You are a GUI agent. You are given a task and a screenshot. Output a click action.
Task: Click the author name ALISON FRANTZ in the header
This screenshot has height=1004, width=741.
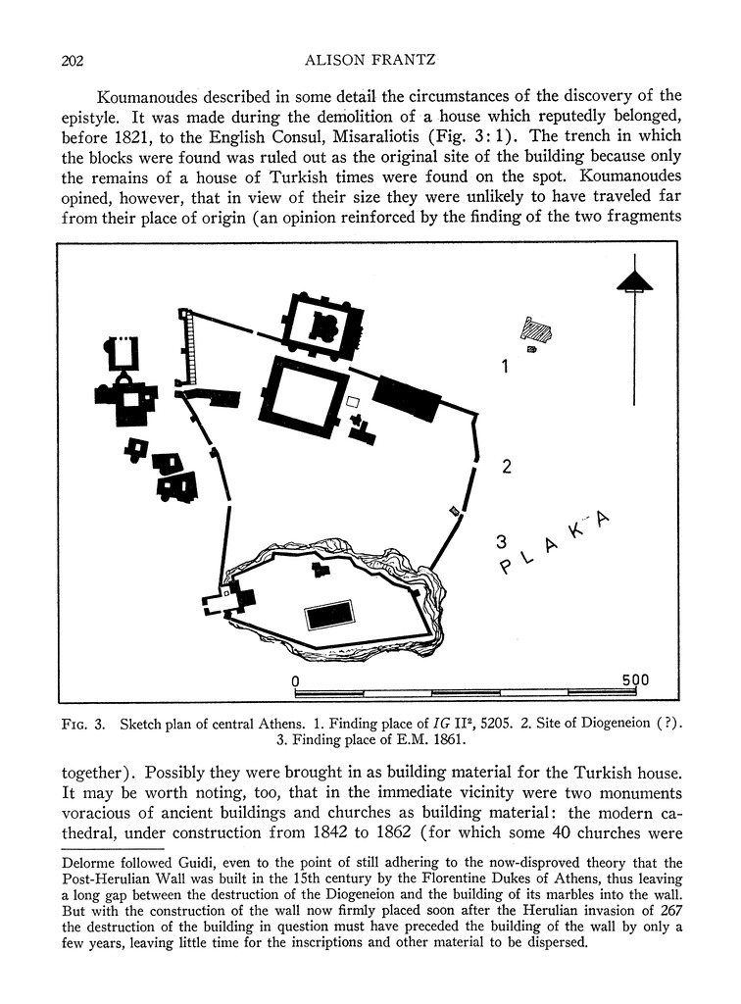(x=370, y=61)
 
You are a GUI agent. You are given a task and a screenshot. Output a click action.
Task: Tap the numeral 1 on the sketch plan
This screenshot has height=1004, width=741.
(x=505, y=368)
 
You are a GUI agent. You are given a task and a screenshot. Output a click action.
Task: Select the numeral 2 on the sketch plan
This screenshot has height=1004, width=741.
(x=506, y=467)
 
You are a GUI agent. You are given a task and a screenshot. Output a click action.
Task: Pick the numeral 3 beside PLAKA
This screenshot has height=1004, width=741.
(x=501, y=540)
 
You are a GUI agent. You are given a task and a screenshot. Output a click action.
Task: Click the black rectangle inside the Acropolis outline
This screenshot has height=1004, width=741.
(x=330, y=615)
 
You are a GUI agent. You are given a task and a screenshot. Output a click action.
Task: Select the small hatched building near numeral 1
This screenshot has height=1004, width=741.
(x=538, y=330)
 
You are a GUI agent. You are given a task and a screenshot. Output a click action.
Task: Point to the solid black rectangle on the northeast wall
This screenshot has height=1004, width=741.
(x=406, y=396)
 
